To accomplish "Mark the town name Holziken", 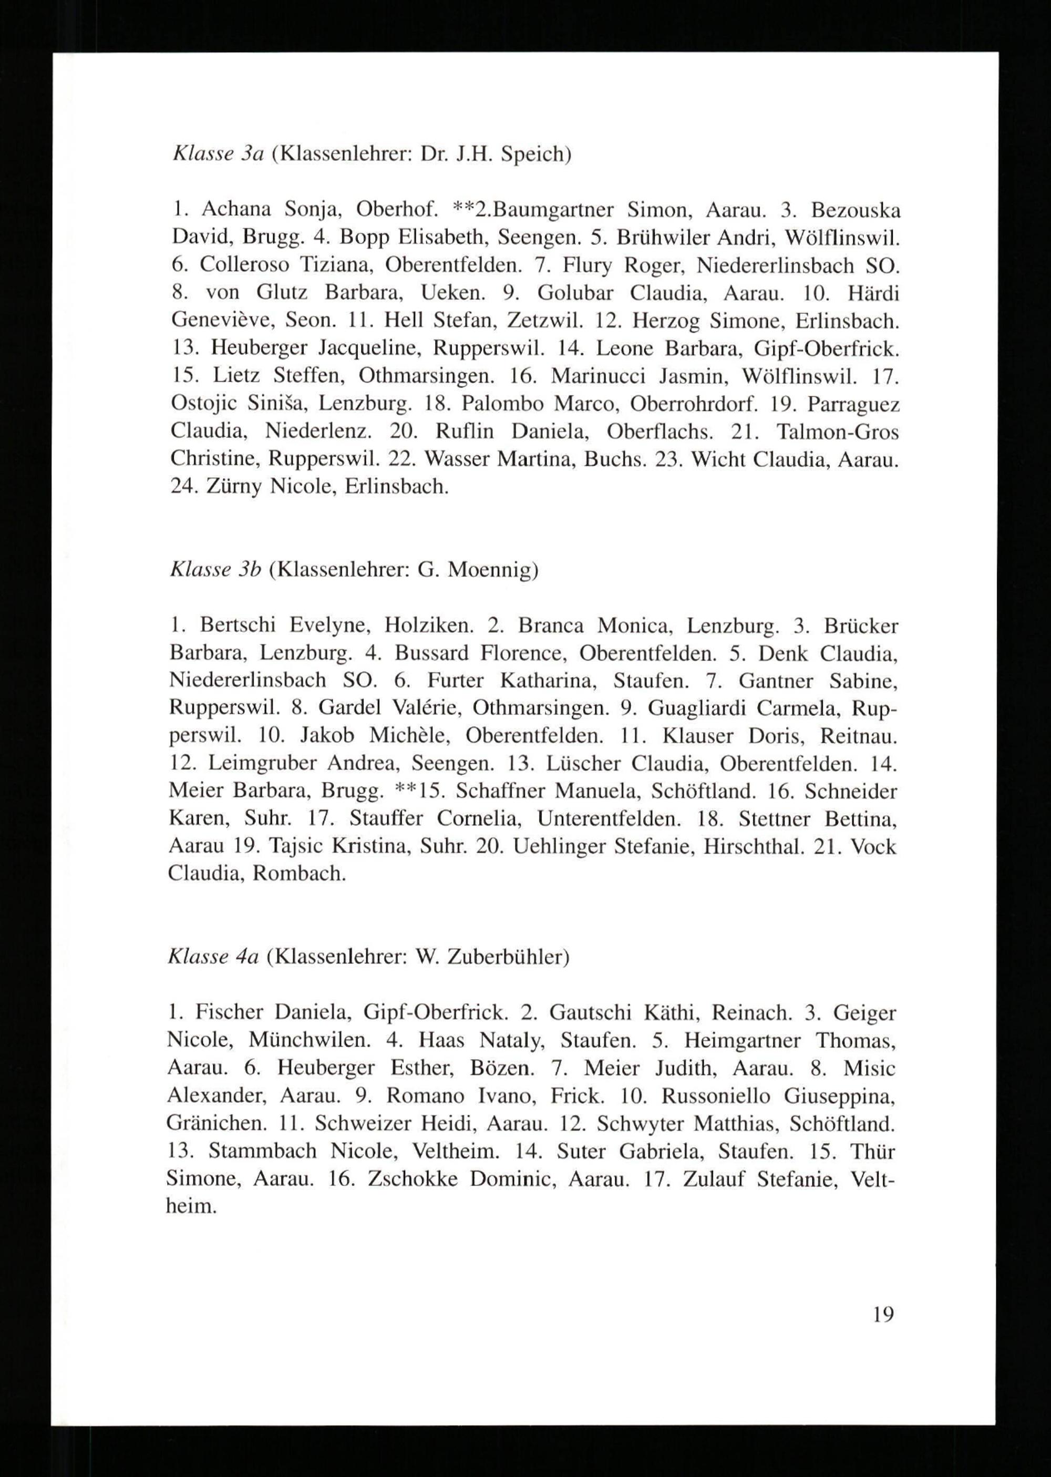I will click(428, 626).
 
